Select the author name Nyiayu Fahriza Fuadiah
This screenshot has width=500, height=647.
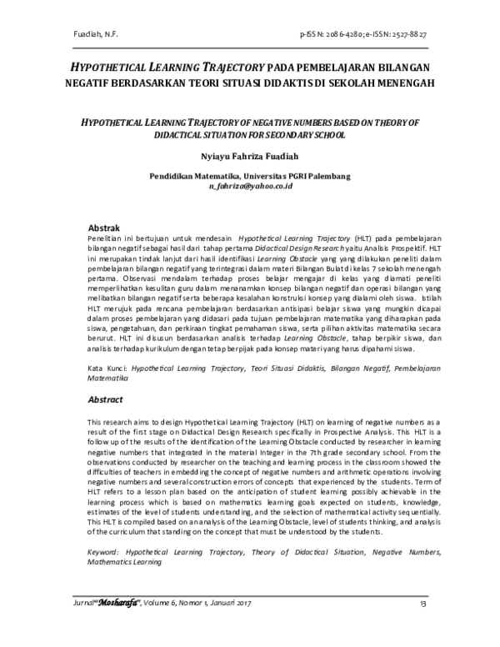click(x=250, y=155)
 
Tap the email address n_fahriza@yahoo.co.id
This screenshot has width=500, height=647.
click(x=250, y=188)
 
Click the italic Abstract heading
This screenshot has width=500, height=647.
click(x=107, y=400)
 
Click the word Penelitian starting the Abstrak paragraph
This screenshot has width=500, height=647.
click(x=107, y=238)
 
